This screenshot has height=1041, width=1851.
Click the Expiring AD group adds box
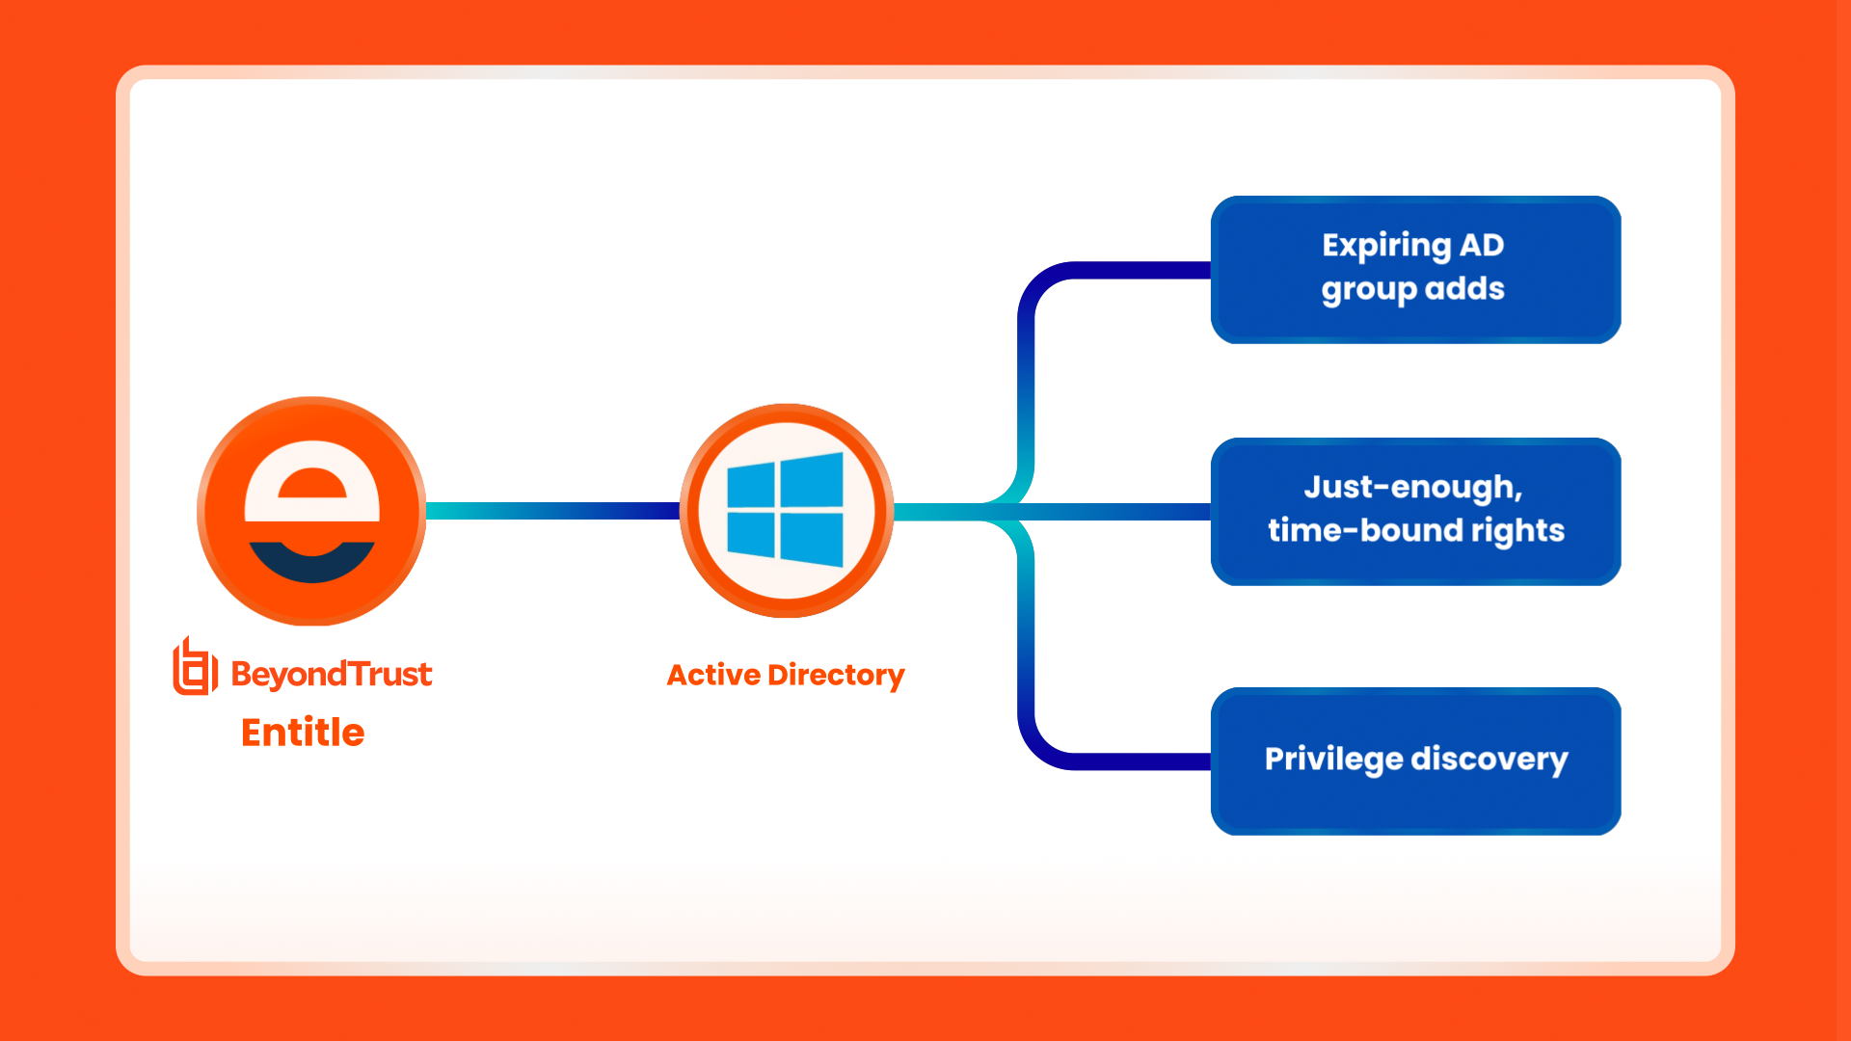pos(1415,269)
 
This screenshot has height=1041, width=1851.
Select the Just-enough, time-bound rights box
pos(1415,511)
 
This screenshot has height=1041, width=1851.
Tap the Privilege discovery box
pos(1415,761)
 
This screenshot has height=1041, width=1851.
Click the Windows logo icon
pos(786,510)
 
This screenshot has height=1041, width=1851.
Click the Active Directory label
pos(786,675)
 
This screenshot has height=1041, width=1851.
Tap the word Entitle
pos(303,733)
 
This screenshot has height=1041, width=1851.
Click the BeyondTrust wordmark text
pos(332,674)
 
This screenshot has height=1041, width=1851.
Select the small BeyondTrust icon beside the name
pos(194,667)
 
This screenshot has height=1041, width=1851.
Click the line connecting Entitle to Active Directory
pos(551,511)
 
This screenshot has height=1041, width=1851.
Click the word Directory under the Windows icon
pos(836,675)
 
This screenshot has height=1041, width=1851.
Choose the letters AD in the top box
pos(1481,245)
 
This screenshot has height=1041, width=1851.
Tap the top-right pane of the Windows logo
pos(811,480)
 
